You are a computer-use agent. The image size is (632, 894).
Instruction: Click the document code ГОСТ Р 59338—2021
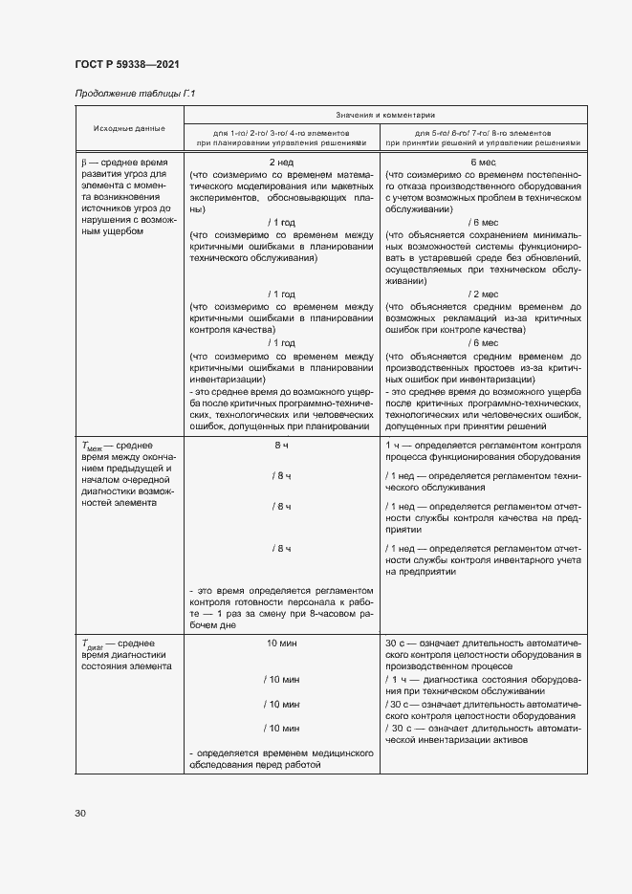[126, 64]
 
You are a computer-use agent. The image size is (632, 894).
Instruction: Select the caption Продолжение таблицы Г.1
[135, 93]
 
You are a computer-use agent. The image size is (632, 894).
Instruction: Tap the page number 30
[80, 813]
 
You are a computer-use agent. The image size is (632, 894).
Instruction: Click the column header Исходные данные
[129, 128]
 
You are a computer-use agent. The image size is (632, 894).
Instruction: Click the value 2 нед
[281, 163]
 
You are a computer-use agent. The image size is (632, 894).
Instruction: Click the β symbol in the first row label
[84, 163]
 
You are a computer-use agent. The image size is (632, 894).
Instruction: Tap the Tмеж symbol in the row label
[94, 447]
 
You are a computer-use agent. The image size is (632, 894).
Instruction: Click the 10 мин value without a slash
[281, 643]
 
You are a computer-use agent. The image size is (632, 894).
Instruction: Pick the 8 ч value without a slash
[281, 446]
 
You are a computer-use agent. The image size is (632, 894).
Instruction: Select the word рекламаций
[463, 317]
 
